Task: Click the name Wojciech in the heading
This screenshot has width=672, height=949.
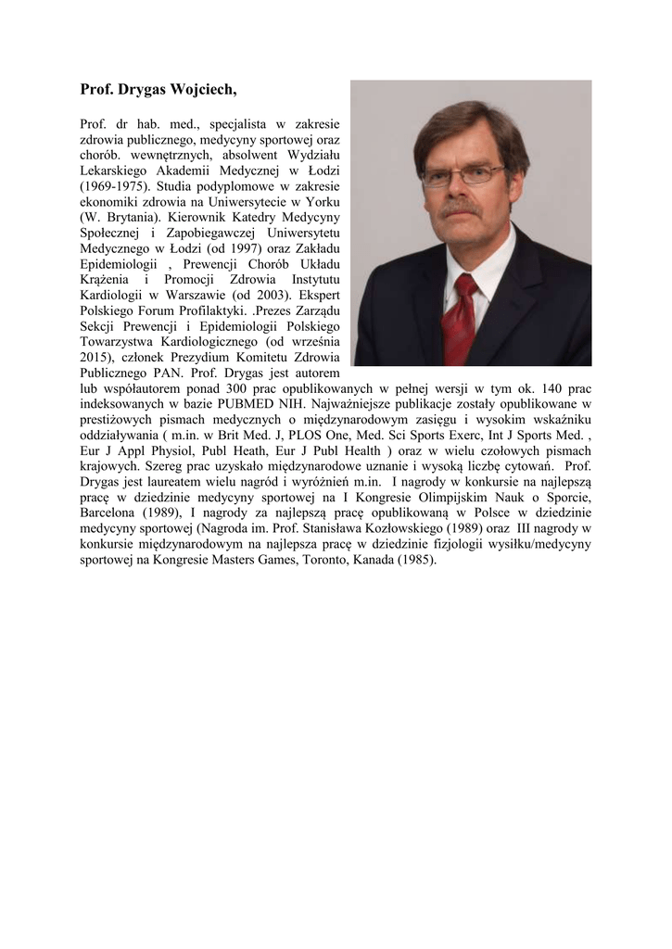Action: [x=201, y=89]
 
